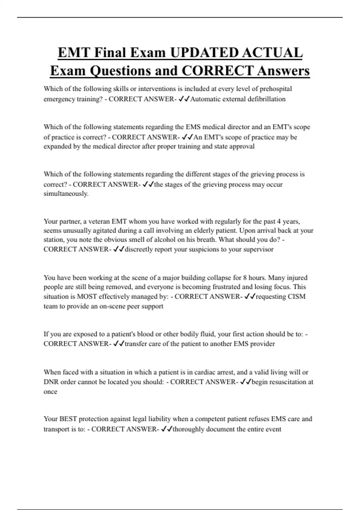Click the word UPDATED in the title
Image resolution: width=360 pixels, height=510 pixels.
click(x=204, y=53)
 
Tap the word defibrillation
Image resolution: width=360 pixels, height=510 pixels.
click(x=266, y=99)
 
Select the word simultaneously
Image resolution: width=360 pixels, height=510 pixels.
click(x=66, y=194)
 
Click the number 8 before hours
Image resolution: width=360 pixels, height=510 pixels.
click(x=245, y=278)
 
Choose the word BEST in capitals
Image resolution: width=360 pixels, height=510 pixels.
click(x=68, y=419)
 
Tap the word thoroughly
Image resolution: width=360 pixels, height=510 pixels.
click(x=188, y=429)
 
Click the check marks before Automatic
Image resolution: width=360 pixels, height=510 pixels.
click(x=184, y=99)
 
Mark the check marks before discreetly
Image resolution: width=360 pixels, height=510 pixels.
click(x=119, y=249)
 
